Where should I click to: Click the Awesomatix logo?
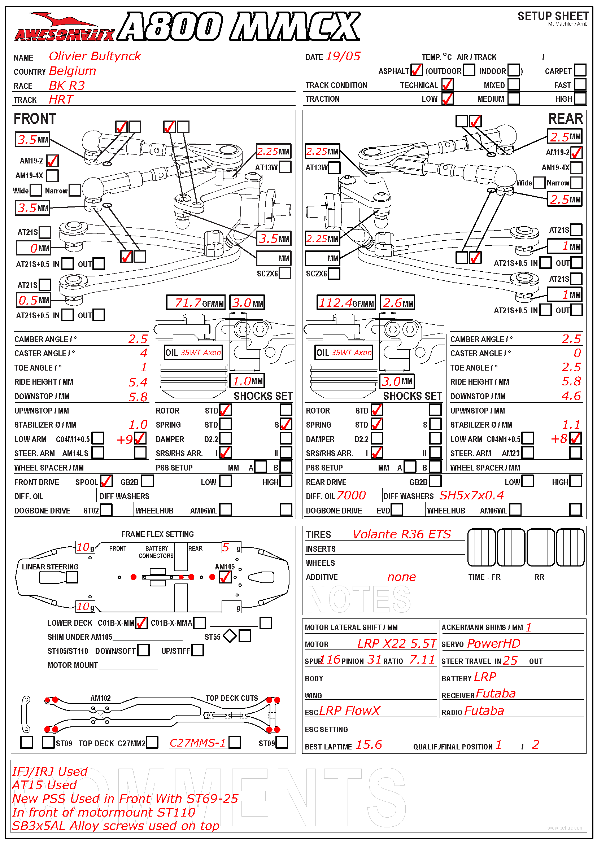64,27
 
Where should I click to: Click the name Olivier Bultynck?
95,56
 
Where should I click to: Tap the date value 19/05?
343,56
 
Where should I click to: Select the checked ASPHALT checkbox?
416,70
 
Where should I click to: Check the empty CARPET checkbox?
580,70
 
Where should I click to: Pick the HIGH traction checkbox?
580,99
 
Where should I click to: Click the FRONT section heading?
35,119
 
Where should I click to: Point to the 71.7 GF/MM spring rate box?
195,302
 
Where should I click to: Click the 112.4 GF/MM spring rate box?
346,302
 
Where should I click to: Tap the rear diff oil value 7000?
351,495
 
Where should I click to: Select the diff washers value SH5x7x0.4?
472,495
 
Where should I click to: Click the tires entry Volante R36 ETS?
401,534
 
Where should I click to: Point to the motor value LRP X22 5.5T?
396,643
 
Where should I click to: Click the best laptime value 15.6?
369,744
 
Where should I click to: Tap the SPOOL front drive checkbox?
106,481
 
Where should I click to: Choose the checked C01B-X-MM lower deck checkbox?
141,622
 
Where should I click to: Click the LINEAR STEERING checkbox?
72,577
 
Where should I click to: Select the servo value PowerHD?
494,643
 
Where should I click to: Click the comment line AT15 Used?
44,785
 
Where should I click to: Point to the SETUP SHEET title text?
553,16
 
